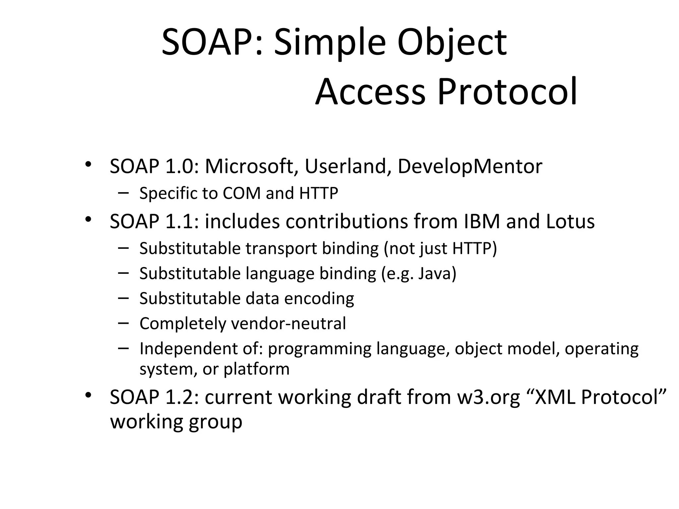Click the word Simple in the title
[x=330, y=43]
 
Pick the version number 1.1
[x=179, y=221]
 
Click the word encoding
[x=319, y=299]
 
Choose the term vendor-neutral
[x=288, y=323]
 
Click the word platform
[x=256, y=369]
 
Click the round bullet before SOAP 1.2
[x=88, y=395]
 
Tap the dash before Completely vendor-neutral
[x=123, y=323]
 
